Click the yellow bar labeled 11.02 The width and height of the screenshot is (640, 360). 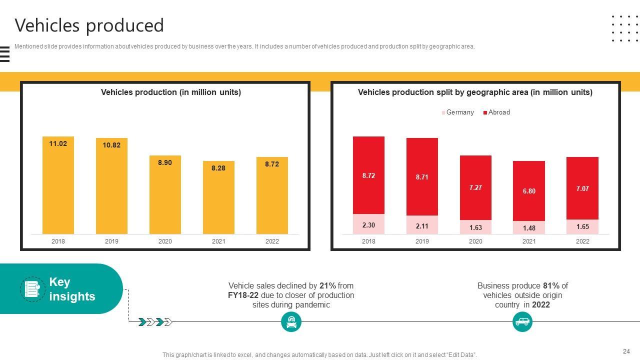[58, 185]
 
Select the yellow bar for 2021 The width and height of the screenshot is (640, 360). [218, 197]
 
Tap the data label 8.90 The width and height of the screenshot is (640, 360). [165, 162]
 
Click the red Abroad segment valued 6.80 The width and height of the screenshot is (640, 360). [529, 191]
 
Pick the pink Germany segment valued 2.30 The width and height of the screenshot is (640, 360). [368, 224]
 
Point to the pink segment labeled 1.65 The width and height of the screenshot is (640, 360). [582, 226]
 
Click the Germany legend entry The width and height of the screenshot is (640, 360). [457, 112]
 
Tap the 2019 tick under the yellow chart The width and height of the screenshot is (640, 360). [111, 241]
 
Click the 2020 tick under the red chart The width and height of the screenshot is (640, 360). [475, 241]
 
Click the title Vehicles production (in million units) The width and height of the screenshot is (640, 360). [171, 92]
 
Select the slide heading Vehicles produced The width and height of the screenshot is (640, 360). [89, 25]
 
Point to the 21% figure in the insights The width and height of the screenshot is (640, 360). [327, 286]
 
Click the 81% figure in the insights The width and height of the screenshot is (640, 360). [551, 286]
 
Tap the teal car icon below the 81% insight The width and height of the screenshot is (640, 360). [522, 321]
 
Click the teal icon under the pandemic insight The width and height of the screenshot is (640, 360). [291, 322]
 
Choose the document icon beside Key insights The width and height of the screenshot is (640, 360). [32, 289]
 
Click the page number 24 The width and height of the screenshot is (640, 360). [626, 351]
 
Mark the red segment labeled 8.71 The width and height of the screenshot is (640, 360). [422, 177]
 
